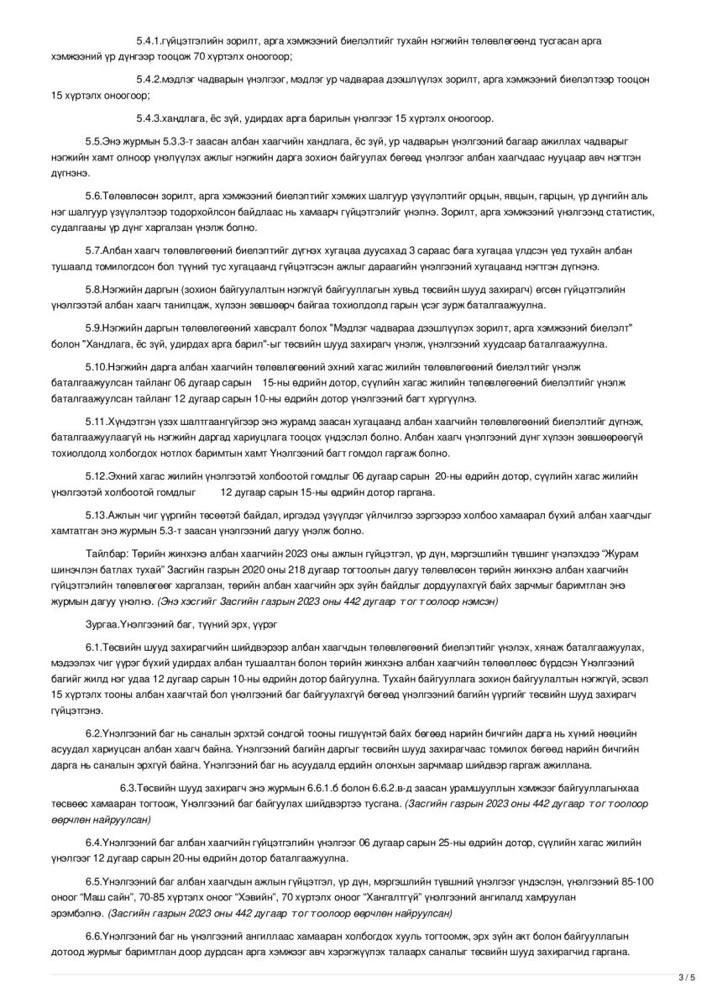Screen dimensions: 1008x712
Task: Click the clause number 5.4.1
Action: (x=149, y=41)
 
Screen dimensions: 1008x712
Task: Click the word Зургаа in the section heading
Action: (x=102, y=626)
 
